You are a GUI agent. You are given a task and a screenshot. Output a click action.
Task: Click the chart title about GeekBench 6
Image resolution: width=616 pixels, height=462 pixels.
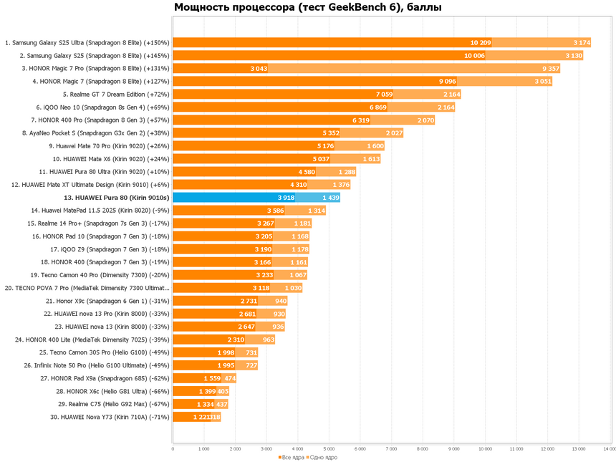pos(307,8)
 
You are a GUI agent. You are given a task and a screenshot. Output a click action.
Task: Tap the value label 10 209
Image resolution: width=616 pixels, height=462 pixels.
pos(480,43)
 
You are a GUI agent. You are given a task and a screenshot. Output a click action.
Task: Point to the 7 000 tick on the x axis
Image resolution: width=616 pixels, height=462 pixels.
pos(391,449)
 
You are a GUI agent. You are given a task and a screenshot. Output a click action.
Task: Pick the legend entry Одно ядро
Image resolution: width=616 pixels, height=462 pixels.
pos(323,457)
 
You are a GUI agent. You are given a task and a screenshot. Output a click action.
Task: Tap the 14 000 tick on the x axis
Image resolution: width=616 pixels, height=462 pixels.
pos(610,449)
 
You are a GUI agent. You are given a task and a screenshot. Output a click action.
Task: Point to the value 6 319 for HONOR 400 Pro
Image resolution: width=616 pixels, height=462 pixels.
pos(360,120)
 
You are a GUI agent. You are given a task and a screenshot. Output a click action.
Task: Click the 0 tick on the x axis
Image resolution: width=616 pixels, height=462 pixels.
pos(173,449)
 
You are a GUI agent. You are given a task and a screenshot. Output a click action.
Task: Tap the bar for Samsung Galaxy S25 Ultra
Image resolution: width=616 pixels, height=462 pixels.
pos(322,43)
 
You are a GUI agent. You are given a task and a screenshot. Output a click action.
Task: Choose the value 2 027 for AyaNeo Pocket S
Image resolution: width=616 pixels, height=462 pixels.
pos(394,133)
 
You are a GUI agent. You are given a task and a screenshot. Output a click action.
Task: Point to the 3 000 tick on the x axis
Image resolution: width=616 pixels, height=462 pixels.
pos(266,449)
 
